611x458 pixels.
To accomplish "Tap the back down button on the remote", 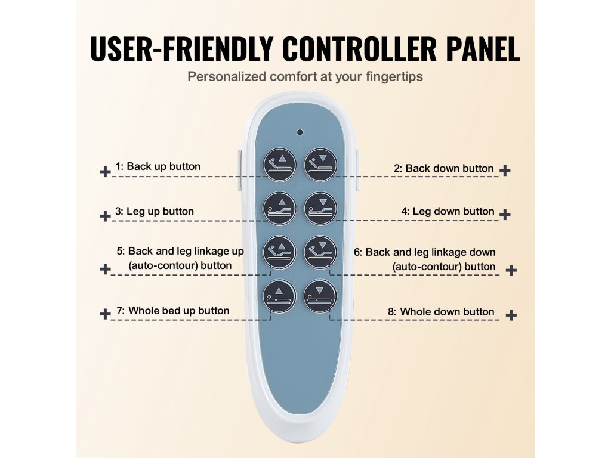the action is (x=321, y=163).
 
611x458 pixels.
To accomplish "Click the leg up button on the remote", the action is (x=279, y=207).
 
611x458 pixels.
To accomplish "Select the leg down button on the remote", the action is (x=321, y=207).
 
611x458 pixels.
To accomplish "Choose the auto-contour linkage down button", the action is (x=321, y=252).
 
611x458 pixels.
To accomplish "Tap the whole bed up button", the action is (x=279, y=296).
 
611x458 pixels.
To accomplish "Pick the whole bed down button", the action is (x=321, y=296).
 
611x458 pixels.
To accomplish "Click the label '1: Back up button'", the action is (x=158, y=166).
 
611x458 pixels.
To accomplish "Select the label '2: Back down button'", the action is (x=443, y=168).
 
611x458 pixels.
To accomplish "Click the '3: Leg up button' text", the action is (x=154, y=211).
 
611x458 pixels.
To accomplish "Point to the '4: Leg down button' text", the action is (x=448, y=211).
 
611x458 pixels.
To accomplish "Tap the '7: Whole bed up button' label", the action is (x=172, y=310).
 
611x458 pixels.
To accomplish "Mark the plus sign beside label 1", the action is (x=105, y=172).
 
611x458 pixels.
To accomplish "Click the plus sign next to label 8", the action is (x=511, y=315).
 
